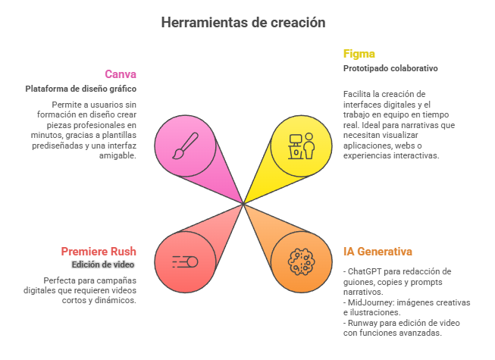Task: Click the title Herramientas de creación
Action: point(243,23)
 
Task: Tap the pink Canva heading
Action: point(121,74)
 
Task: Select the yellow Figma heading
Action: point(359,54)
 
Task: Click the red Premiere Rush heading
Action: point(99,252)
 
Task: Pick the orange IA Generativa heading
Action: point(378,252)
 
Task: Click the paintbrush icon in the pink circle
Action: point(185,146)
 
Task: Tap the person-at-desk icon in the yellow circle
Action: point(302,146)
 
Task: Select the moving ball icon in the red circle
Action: point(185,262)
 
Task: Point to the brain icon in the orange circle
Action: point(302,262)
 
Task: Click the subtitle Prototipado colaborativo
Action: point(390,68)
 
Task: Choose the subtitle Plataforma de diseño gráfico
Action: point(81,89)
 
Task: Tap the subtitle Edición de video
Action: point(103,265)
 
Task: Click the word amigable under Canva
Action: point(117,155)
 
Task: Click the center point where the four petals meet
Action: point(243,204)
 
